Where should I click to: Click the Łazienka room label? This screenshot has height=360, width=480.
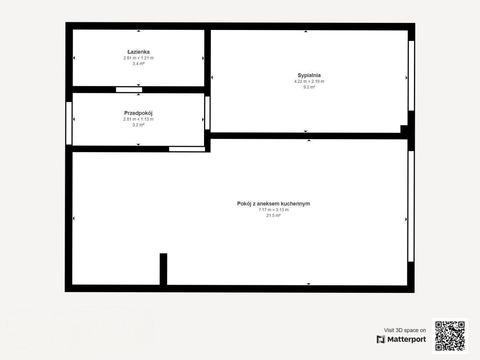(138, 52)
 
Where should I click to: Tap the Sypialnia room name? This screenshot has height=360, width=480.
(309, 75)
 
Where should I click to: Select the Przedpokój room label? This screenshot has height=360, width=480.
(138, 113)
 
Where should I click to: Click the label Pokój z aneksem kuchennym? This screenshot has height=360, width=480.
(273, 204)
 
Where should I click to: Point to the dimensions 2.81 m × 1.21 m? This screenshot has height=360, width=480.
(138, 58)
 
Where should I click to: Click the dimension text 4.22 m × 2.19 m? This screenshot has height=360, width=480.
(309, 81)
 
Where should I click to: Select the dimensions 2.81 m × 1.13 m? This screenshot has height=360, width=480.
(138, 119)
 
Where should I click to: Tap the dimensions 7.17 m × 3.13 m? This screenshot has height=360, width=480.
(273, 210)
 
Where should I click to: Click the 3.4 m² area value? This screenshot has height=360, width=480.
(138, 64)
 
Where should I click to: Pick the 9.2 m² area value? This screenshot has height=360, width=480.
(309, 87)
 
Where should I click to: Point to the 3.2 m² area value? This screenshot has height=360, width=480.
(138, 125)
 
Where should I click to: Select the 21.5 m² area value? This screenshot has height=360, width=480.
(273, 216)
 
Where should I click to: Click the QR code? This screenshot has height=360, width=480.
(450, 336)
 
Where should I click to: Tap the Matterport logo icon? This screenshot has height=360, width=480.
(381, 340)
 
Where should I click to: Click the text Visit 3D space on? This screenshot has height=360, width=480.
(405, 330)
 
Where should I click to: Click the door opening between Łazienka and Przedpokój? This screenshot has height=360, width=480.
(129, 90)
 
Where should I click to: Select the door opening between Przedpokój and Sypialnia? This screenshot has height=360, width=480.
(207, 113)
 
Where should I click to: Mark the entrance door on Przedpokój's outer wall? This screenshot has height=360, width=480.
(69, 123)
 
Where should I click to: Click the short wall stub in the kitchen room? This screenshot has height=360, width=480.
(163, 269)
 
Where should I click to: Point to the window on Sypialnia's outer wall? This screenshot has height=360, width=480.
(411, 76)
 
